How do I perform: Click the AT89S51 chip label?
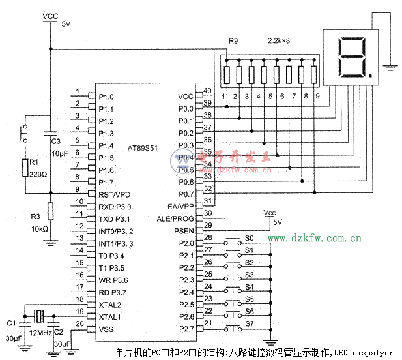click(x=145, y=148)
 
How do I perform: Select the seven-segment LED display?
click(x=351, y=57)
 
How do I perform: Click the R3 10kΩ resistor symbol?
click(x=51, y=213)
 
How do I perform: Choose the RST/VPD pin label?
click(x=115, y=194)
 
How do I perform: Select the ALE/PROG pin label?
click(x=175, y=219)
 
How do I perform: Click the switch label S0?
click(x=249, y=238)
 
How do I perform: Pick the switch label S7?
click(x=249, y=323)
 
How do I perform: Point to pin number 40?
click(x=208, y=91)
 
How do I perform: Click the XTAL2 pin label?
click(x=109, y=305)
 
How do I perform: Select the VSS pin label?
click(x=106, y=329)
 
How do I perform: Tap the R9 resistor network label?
click(x=233, y=40)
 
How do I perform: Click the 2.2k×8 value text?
click(x=280, y=40)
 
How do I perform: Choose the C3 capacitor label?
click(x=55, y=141)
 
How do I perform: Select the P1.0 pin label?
click(x=106, y=97)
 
